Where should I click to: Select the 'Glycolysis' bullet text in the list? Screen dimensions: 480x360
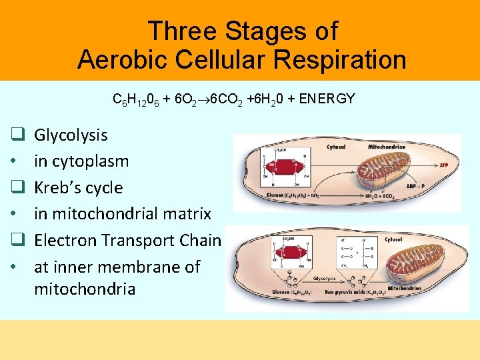click(71, 135)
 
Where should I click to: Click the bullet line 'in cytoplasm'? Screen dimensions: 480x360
click(81, 161)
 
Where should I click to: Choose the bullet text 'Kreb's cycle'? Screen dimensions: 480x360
click(78, 187)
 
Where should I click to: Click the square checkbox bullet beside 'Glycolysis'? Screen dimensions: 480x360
click(18, 135)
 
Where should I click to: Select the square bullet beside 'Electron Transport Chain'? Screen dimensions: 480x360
click(18, 240)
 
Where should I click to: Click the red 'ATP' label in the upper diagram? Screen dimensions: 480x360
click(444, 163)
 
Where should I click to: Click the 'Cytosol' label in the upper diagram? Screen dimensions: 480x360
click(335, 147)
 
